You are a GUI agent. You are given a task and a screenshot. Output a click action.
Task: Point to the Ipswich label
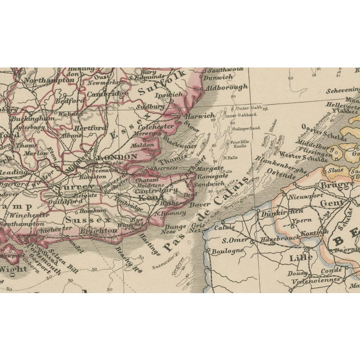coord(169,94)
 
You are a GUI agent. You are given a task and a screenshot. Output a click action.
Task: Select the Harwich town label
coord(200,115)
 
